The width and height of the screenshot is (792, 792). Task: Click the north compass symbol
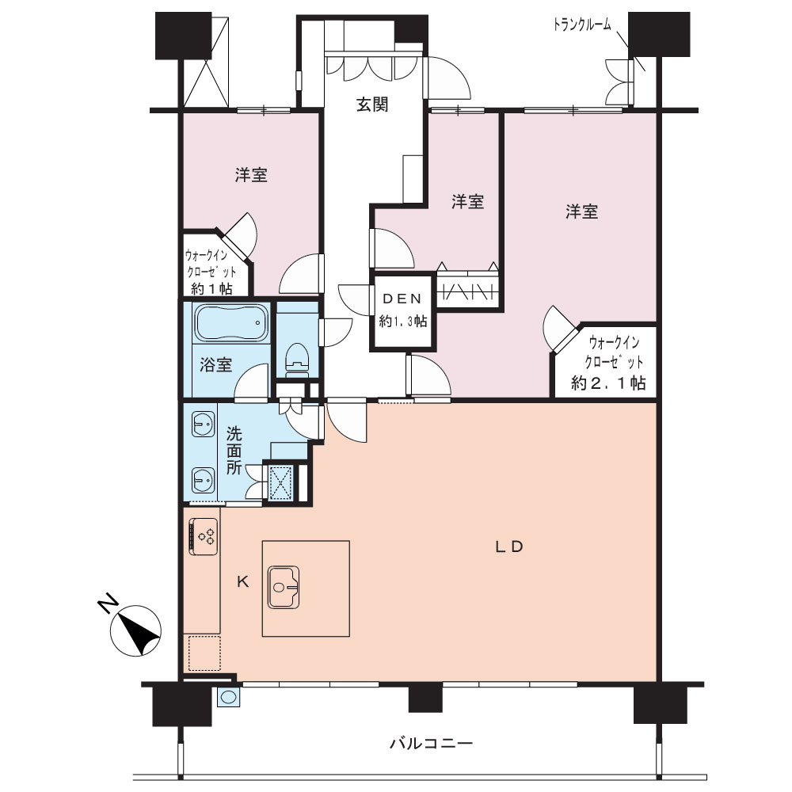[136, 630]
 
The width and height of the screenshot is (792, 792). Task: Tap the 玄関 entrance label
[372, 105]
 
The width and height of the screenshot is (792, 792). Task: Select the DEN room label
[402, 299]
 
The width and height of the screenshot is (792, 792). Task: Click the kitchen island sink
[284, 587]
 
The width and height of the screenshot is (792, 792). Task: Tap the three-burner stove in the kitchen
[204, 536]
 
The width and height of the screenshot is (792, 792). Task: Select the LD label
[508, 546]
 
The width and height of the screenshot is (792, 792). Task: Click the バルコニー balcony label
[431, 743]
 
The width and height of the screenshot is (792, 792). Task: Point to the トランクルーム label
[582, 25]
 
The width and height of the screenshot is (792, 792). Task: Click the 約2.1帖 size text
[608, 383]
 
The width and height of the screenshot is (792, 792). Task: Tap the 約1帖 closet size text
[211, 289]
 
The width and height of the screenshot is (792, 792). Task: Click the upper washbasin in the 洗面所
[203, 424]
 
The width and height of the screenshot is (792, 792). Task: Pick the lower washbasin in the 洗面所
[203, 480]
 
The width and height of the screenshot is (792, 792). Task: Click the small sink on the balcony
[228, 697]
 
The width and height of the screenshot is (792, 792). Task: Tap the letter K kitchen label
[243, 582]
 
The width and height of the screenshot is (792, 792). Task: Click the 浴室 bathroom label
[215, 364]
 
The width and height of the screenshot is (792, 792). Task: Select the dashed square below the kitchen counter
[204, 653]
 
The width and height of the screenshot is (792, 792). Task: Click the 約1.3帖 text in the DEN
[402, 321]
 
